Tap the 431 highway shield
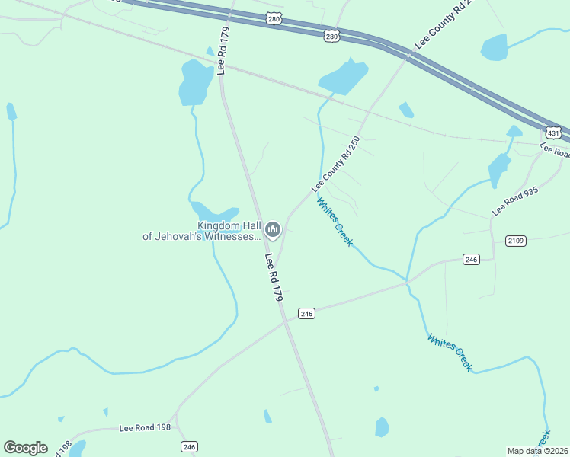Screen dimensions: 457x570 click(x=554, y=133)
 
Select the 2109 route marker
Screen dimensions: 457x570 click(x=516, y=241)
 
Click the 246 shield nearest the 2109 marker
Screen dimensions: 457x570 click(x=471, y=260)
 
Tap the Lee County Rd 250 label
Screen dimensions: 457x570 click(x=335, y=165)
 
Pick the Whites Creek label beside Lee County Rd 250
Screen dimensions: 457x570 click(x=335, y=222)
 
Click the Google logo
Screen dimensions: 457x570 click(x=25, y=448)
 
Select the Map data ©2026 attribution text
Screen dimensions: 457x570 click(x=537, y=451)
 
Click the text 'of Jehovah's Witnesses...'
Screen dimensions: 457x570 click(x=201, y=237)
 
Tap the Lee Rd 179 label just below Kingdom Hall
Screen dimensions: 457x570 click(x=274, y=278)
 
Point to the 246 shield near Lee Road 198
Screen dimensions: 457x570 click(x=189, y=446)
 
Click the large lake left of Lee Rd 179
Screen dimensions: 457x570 click(x=195, y=81)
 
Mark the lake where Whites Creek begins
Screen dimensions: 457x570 click(x=343, y=77)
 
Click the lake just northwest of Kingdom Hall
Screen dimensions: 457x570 click(x=216, y=213)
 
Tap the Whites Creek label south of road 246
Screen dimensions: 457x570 click(x=450, y=353)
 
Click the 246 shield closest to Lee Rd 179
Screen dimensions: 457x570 click(x=306, y=314)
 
